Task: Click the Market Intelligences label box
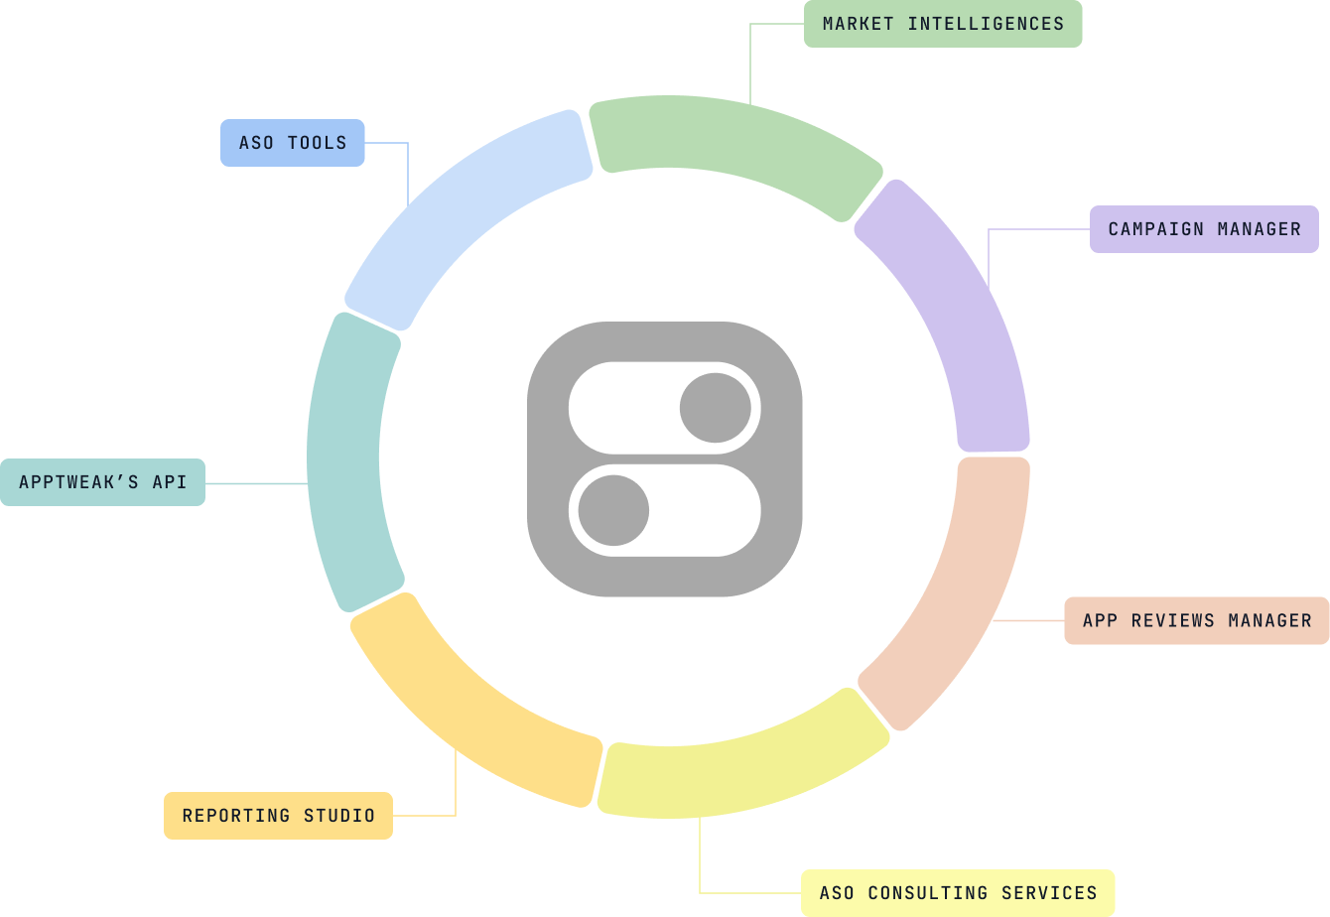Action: tap(942, 24)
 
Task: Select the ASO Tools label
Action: tap(292, 143)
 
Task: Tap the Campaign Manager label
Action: tap(1203, 229)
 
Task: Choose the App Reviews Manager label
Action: tap(1196, 620)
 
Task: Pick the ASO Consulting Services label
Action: tap(958, 893)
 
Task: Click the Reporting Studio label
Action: tap(278, 816)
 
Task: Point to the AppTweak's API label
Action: tap(102, 482)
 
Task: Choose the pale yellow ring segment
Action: tap(744, 769)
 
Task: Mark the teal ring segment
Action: tap(347, 461)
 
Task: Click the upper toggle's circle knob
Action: tap(716, 408)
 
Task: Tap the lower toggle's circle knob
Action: tap(613, 510)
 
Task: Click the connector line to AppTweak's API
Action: tap(256, 483)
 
